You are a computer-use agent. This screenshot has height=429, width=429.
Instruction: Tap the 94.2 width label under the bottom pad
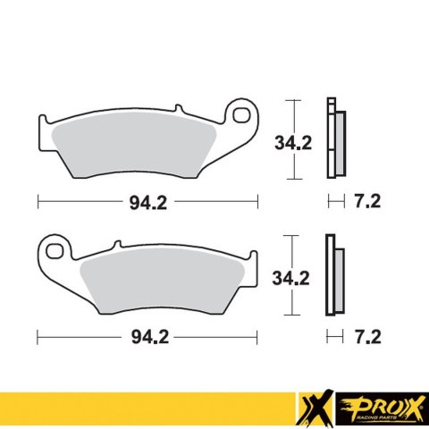coord(147,336)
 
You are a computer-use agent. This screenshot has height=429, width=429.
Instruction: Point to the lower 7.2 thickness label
coord(368,336)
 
